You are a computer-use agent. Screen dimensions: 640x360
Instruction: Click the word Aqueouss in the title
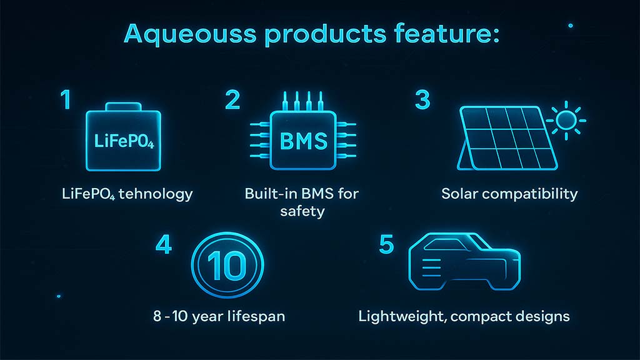(x=190, y=34)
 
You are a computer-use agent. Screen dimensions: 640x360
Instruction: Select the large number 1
(x=66, y=99)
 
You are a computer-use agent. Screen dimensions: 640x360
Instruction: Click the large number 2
(x=232, y=99)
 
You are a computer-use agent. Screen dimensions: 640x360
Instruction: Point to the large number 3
(x=422, y=99)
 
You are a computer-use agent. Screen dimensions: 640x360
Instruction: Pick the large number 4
(x=164, y=244)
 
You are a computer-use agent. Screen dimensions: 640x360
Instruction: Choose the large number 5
(x=386, y=244)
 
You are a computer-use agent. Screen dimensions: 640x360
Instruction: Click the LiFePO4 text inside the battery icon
(x=124, y=141)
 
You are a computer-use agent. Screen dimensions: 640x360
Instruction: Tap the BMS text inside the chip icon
(x=303, y=141)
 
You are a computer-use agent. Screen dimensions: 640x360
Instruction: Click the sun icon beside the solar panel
(x=566, y=121)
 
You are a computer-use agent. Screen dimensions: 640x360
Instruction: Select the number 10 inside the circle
(x=227, y=266)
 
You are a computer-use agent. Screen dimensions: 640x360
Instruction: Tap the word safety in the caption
(x=302, y=211)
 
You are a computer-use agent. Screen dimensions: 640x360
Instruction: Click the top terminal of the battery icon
(x=123, y=107)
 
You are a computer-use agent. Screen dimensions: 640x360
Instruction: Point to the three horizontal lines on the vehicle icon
(x=432, y=267)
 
